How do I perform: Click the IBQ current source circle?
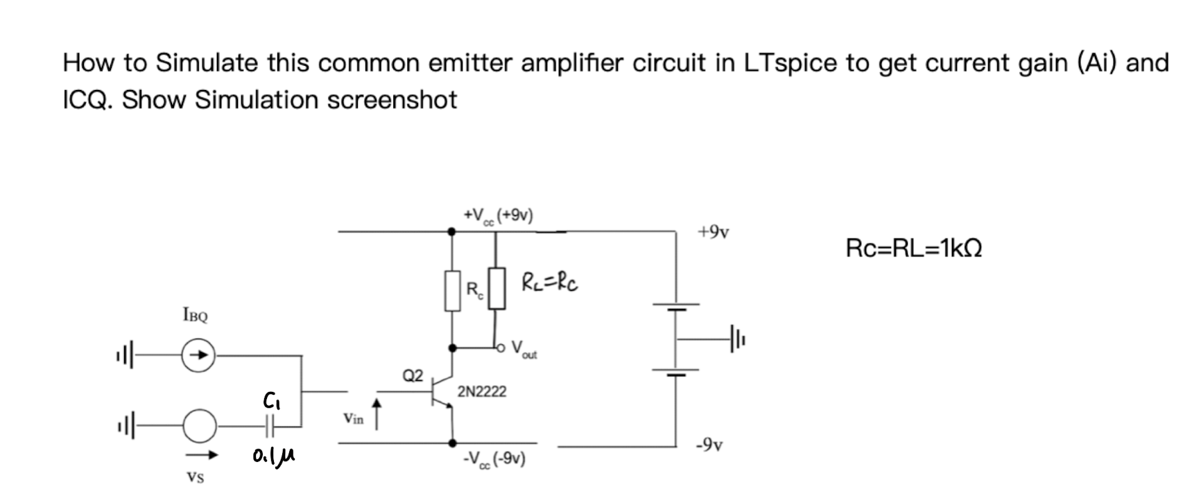tap(198, 355)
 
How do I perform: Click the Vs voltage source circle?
tap(199, 425)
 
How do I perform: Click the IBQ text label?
tap(195, 316)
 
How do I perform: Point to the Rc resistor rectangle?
tap(453, 290)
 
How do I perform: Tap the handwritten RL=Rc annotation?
tap(549, 283)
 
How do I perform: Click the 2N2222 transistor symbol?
tap(442, 391)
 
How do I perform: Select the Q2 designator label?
tap(413, 375)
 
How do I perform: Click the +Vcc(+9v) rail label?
tap(498, 215)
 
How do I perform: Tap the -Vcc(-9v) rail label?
tap(494, 459)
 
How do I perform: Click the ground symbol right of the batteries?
tap(737, 339)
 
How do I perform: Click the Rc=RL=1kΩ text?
tap(913, 247)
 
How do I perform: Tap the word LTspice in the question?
tap(791, 63)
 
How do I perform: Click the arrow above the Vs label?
tap(202, 455)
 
